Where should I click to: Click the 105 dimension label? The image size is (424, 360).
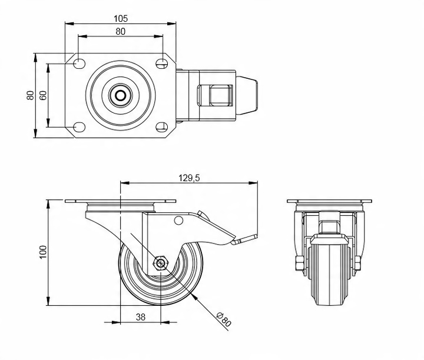[121, 19]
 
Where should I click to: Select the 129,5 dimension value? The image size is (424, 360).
[189, 178]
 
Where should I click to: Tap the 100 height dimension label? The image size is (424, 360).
[43, 252]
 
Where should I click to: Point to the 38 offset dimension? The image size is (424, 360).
[141, 317]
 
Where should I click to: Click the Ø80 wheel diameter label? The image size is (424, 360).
[224, 319]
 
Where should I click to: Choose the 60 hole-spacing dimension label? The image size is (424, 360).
[43, 95]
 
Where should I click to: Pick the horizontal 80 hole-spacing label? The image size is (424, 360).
[121, 32]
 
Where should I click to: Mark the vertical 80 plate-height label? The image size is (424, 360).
[30, 95]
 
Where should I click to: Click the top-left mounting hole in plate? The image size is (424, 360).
[79, 64]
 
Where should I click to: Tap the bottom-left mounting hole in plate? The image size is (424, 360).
[79, 127]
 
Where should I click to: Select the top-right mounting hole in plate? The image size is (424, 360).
[162, 64]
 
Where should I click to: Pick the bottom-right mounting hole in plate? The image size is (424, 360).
[162, 127]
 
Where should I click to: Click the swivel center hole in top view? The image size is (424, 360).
[121, 95]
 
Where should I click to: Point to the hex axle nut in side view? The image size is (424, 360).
[161, 262]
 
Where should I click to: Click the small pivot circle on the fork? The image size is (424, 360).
[178, 221]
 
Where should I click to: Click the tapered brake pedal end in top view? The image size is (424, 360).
[247, 95]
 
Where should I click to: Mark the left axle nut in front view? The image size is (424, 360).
[299, 263]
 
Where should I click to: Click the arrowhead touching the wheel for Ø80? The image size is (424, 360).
[194, 296]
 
